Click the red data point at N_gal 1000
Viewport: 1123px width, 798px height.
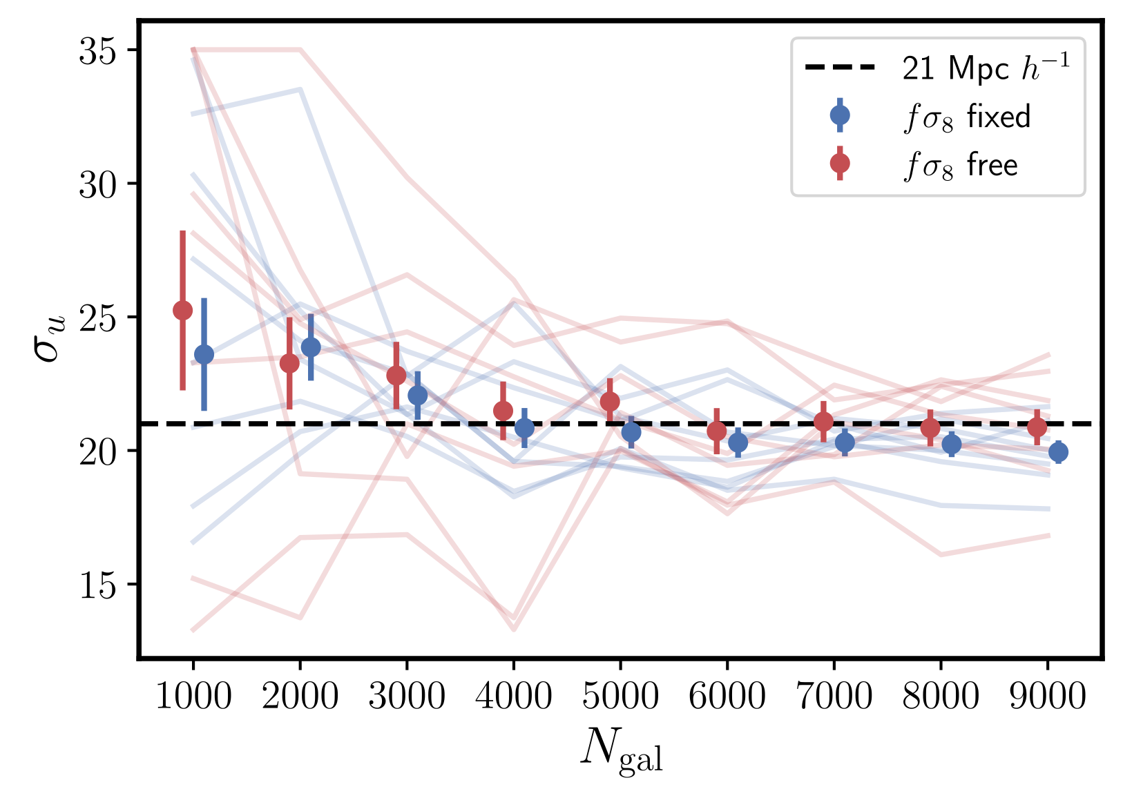pyautogui.click(x=182, y=310)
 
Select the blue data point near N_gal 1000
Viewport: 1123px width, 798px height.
pyautogui.click(x=204, y=355)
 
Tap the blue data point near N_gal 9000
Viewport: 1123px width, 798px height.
pyautogui.click(x=1058, y=452)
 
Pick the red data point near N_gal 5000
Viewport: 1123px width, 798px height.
pyautogui.click(x=610, y=401)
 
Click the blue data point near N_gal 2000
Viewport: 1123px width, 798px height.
pyautogui.click(x=311, y=347)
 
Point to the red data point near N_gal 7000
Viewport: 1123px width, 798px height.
pyautogui.click(x=823, y=421)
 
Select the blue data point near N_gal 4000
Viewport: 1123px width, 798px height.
pyautogui.click(x=524, y=428)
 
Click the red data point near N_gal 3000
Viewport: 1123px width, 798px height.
pyautogui.click(x=396, y=376)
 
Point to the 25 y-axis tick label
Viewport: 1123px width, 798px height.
pyautogui.click(x=97, y=318)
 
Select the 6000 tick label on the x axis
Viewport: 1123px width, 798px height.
pyautogui.click(x=727, y=697)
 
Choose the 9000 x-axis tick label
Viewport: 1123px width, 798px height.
pyautogui.click(x=1048, y=697)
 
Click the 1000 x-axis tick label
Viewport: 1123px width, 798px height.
pyautogui.click(x=193, y=697)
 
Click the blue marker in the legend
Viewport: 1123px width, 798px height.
pyautogui.click(x=840, y=115)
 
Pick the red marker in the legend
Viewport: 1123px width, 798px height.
pyautogui.click(x=840, y=164)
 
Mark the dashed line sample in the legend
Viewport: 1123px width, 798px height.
pyautogui.click(x=840, y=68)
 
